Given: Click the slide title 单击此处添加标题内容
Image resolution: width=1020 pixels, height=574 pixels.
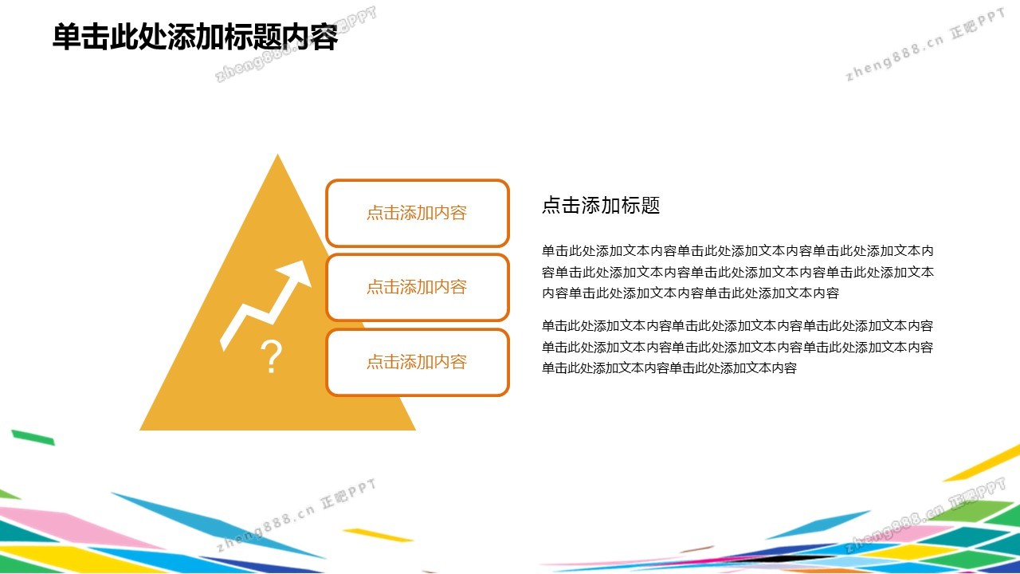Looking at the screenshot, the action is (x=195, y=37).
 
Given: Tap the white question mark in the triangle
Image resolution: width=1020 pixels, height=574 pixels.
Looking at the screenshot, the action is (x=272, y=356).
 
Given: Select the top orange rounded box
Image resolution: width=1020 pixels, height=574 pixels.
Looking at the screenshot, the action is (x=417, y=213).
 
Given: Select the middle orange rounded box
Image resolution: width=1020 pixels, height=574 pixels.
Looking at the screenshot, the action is (x=417, y=288).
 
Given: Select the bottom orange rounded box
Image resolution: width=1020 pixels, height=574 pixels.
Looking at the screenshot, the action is (x=417, y=362).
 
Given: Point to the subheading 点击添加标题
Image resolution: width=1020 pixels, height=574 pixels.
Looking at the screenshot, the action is (x=601, y=206).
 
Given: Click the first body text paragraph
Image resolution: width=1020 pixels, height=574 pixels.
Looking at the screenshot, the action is (x=738, y=272).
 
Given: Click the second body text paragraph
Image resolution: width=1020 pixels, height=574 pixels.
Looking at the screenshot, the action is (x=738, y=347).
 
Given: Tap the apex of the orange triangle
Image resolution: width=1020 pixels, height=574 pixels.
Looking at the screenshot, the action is (x=278, y=155).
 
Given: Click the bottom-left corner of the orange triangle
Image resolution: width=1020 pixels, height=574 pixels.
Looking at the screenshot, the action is (x=139, y=430).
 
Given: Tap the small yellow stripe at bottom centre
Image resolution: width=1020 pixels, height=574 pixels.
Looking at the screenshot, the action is (x=378, y=535).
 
